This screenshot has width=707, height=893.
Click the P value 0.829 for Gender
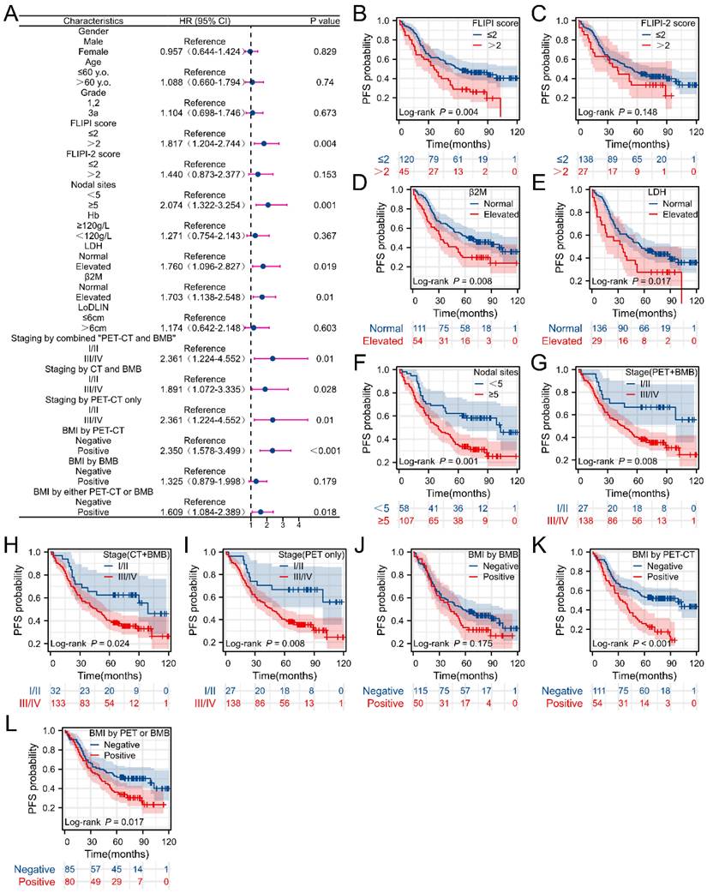click(x=324, y=51)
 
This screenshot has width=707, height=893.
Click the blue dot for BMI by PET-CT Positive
click(x=272, y=449)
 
